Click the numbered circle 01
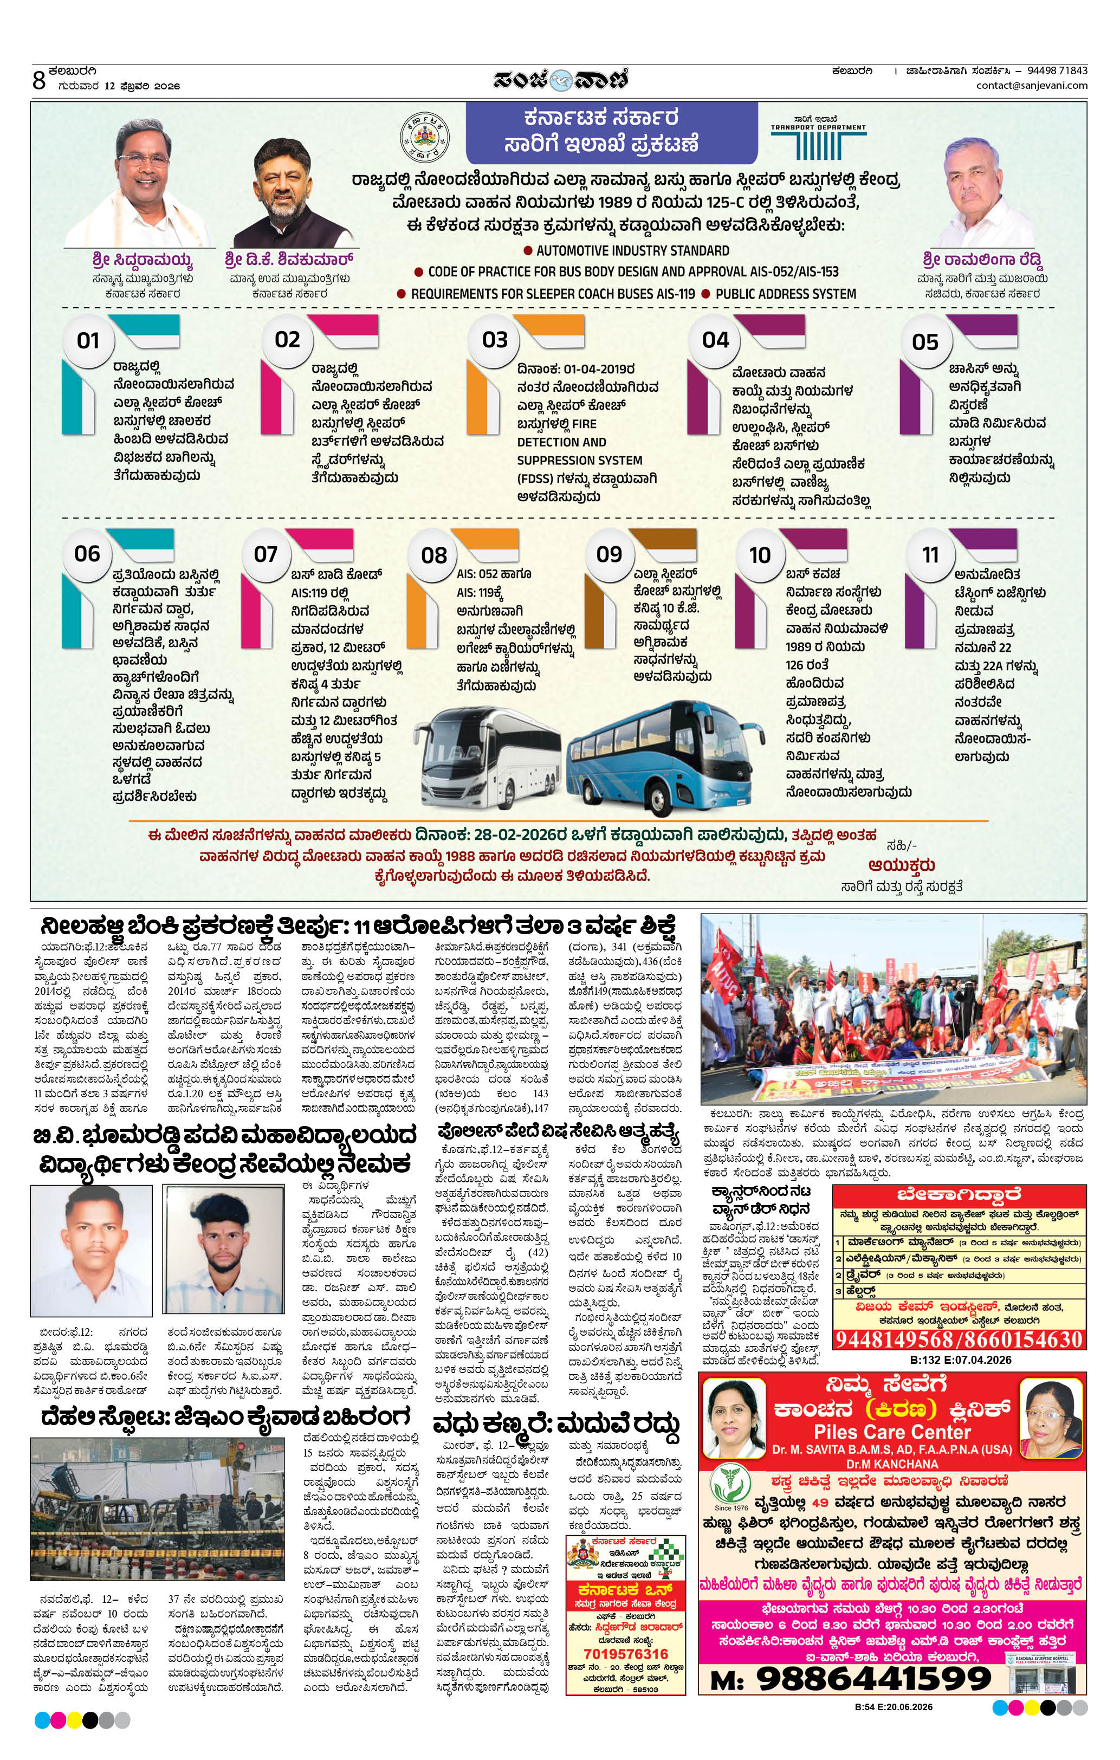(88, 341)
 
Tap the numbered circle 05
(925, 341)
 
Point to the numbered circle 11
(930, 555)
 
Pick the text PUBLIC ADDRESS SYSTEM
(785, 294)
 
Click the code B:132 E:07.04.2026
(961, 1360)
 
